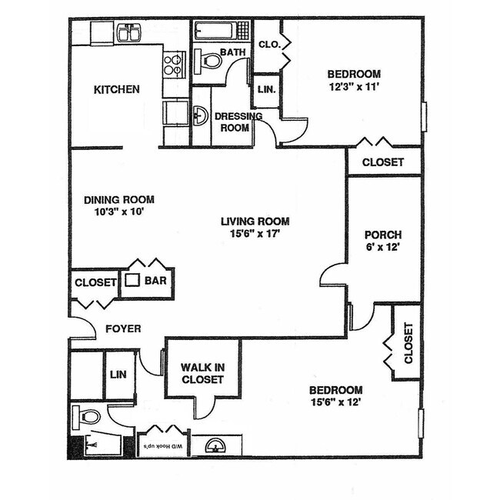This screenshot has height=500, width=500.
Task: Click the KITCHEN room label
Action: click(116, 89)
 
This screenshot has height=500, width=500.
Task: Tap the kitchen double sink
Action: click(128, 33)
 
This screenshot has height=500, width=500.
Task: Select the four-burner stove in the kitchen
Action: click(175, 64)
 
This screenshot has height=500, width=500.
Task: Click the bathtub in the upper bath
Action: click(220, 31)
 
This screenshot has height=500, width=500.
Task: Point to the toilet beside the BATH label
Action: click(206, 59)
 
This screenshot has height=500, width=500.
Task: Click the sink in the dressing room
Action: click(199, 116)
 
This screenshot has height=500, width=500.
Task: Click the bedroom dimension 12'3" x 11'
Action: click(354, 87)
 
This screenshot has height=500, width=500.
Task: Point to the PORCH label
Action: click(383, 235)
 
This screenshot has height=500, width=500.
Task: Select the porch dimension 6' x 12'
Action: click(383, 248)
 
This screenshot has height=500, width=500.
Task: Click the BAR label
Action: click(156, 282)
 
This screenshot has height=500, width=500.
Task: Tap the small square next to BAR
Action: click(133, 281)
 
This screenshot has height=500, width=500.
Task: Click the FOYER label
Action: click(123, 328)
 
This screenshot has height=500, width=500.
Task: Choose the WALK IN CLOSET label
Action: click(202, 373)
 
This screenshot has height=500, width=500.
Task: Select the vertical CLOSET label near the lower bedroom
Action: click(408, 342)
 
